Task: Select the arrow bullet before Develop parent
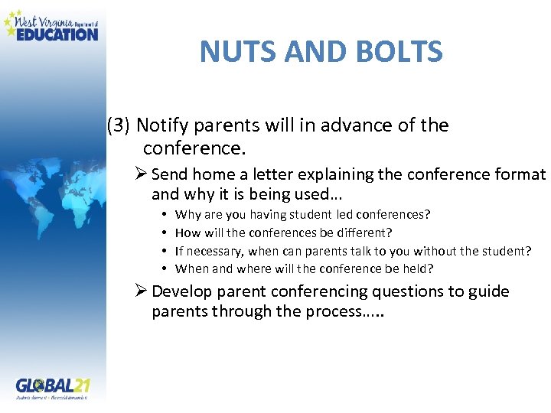click(141, 291)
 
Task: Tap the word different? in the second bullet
click(366, 233)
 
